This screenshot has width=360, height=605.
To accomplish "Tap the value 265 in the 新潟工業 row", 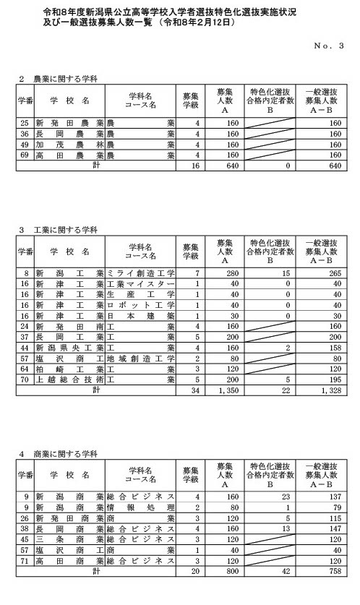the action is coord(332,275).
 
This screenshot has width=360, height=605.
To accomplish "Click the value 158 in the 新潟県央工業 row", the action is coord(333,348).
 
